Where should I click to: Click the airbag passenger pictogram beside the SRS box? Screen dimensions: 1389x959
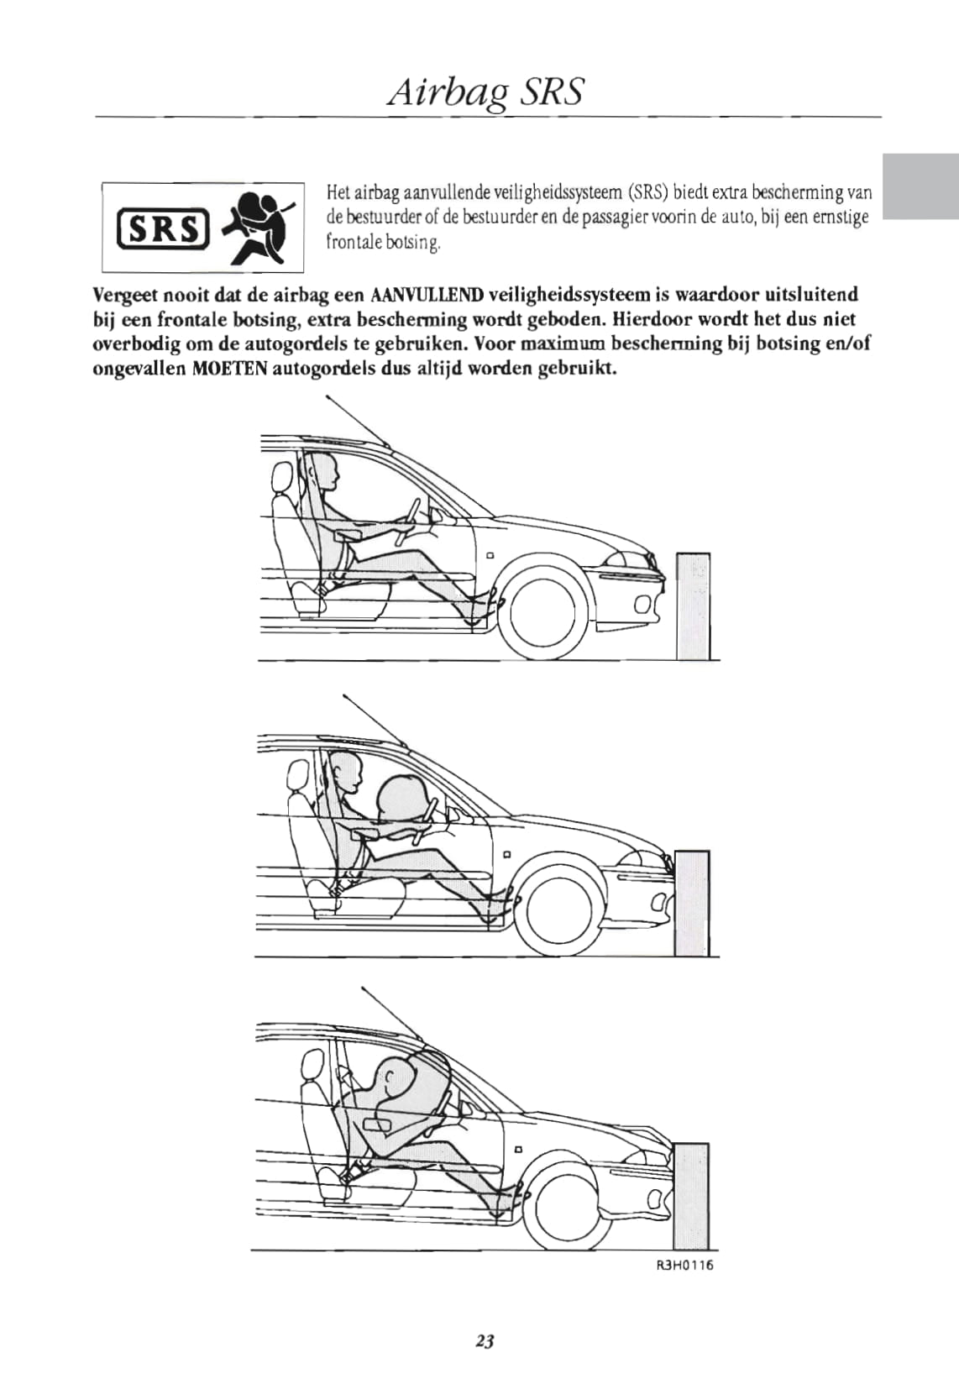click(259, 227)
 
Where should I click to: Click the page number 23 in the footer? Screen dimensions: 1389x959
click(485, 1341)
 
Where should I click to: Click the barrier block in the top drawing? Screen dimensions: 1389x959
click(693, 605)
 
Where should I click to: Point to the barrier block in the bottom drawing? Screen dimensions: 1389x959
click(690, 1196)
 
